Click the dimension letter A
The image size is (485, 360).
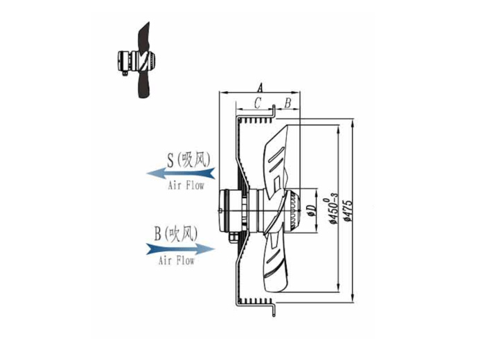coord(259,88)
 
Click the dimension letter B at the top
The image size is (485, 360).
coord(288,103)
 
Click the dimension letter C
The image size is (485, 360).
coord(256,103)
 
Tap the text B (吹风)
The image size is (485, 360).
coord(176,233)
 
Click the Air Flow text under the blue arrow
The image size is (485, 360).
coord(177,261)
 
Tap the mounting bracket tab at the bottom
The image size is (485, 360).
coord(275,309)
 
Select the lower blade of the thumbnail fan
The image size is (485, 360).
coord(144,87)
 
